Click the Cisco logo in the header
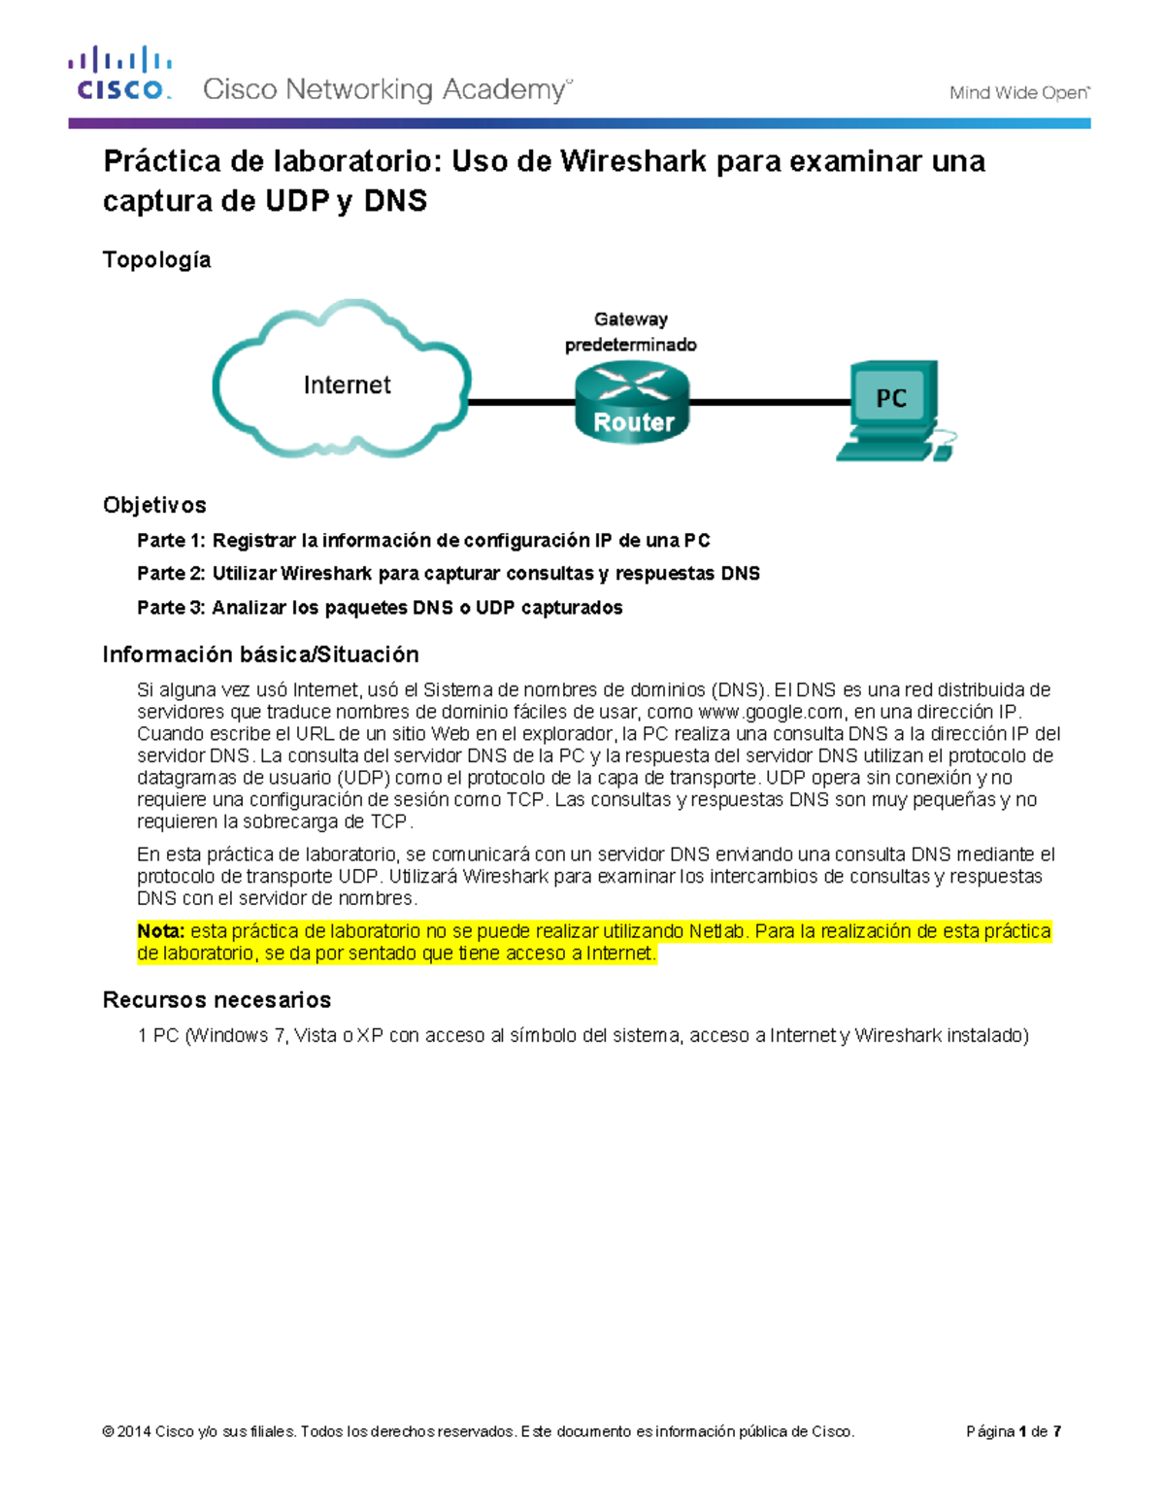(119, 73)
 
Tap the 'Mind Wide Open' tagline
(1019, 93)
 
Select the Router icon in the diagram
(632, 402)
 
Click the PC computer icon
(891, 408)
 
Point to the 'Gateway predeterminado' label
(631, 332)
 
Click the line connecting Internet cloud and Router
(522, 402)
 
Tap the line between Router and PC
(769, 402)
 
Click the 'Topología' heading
(156, 260)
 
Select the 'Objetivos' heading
(154, 505)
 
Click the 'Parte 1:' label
(171, 541)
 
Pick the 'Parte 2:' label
(171, 574)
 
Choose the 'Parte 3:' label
(171, 608)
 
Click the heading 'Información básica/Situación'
(260, 654)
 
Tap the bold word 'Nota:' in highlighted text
(160, 931)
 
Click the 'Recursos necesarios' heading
(216, 1000)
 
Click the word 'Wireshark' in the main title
(633, 161)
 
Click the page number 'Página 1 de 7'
(1014, 1431)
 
